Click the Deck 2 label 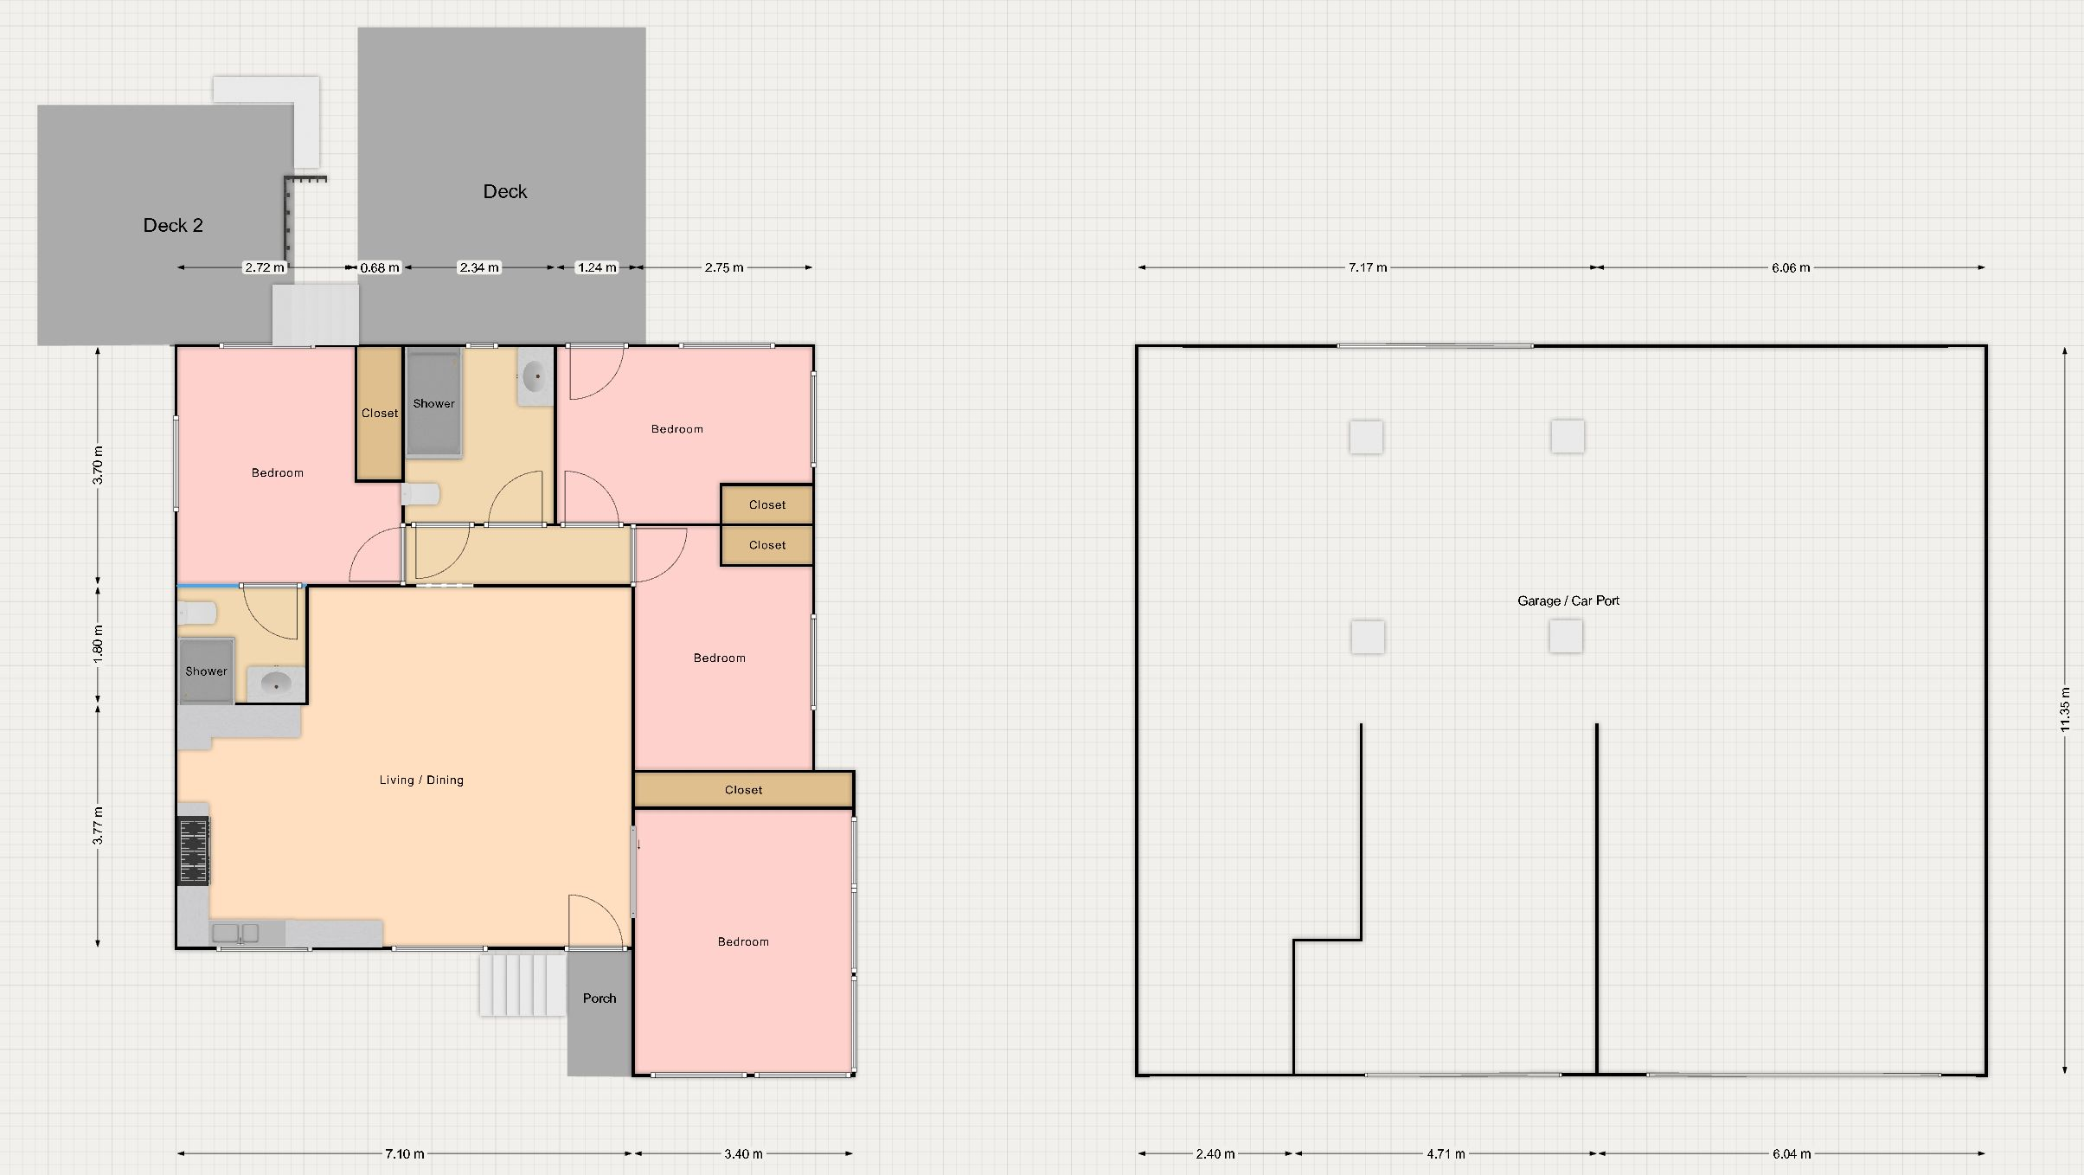tap(173, 226)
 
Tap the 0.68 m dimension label tap(380, 267)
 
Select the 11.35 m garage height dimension tap(2065, 709)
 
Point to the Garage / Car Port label tap(1568, 600)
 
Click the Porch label tap(600, 998)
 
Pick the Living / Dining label tap(421, 780)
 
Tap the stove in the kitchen tap(194, 851)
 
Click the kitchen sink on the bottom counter tap(235, 934)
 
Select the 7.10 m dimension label tap(405, 1153)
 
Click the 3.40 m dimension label tap(744, 1153)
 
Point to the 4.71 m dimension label tap(1446, 1153)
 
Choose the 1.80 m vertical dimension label tap(98, 644)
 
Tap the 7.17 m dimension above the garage tap(1368, 267)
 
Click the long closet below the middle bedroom tap(744, 790)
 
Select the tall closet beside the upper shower tap(380, 414)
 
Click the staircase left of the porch tap(523, 985)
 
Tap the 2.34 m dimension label tap(478, 267)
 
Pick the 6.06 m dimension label tap(1791, 267)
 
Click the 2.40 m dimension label tap(1215, 1153)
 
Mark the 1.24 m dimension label tap(597, 267)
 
